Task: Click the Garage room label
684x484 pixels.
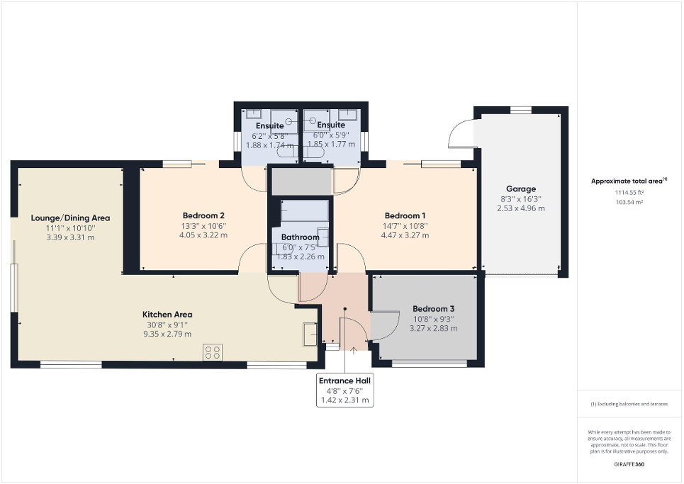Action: click(520, 190)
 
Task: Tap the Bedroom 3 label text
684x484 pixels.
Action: click(433, 309)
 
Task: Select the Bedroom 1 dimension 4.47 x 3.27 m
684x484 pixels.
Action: click(405, 235)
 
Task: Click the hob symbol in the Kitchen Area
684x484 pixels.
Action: click(212, 351)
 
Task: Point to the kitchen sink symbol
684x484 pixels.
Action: click(309, 333)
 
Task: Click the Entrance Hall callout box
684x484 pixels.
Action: click(344, 390)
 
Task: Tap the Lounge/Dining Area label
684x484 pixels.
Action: click(70, 218)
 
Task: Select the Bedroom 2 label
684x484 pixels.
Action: click(203, 215)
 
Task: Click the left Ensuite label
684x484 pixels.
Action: click(269, 125)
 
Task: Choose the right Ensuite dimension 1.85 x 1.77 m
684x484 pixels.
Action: click(331, 145)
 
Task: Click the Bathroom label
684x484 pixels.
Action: click(300, 237)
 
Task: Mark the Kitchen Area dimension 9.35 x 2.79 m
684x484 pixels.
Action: click(167, 334)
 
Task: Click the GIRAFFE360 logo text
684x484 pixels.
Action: click(629, 464)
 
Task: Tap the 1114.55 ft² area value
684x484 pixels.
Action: click(629, 192)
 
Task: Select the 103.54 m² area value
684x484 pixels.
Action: click(629, 202)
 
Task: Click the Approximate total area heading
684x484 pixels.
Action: click(629, 181)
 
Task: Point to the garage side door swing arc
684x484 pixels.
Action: click(459, 134)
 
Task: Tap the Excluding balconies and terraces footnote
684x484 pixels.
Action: click(629, 404)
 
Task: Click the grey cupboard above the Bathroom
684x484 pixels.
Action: click(301, 181)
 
